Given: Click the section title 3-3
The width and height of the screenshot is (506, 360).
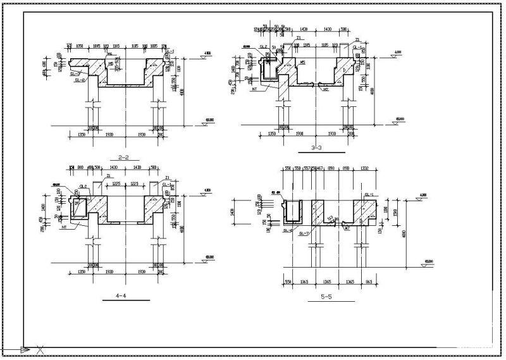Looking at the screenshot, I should pyautogui.click(x=318, y=147).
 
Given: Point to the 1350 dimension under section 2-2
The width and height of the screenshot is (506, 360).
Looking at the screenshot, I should pyautogui.click(x=81, y=135).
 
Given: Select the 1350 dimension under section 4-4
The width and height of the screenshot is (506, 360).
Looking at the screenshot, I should pyautogui.click(x=81, y=272).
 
